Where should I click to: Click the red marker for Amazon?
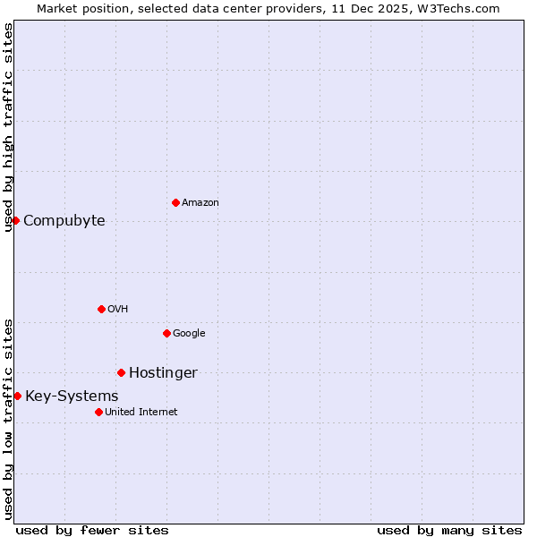[x=175, y=202]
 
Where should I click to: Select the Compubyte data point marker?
[x=15, y=220]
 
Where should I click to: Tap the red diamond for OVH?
[x=101, y=309]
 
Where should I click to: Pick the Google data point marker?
[x=166, y=333]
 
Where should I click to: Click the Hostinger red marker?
[x=121, y=372]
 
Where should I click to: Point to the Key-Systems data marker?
[x=17, y=396]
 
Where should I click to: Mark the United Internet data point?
[x=98, y=412]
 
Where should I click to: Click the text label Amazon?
[x=200, y=203]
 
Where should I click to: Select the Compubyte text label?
[x=64, y=221]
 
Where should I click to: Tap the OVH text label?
[x=117, y=310]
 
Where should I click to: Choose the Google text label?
[x=189, y=334]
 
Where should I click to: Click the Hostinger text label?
[x=163, y=373]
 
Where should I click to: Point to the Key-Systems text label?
[x=72, y=396]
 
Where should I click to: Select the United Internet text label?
[x=141, y=413]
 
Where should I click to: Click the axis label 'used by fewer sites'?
[x=92, y=530]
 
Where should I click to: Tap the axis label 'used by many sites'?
[x=449, y=530]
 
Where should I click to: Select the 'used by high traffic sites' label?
[x=8, y=127]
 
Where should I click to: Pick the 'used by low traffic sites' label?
[x=8, y=419]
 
